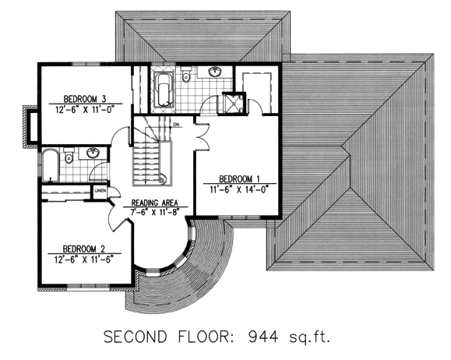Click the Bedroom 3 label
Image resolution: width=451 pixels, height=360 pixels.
[x=85, y=99]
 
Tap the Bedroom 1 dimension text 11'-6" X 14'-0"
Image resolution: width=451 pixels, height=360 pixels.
[x=239, y=190]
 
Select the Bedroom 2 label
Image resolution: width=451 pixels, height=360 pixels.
[x=83, y=249]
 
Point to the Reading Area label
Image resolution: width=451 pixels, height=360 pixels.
[x=154, y=203]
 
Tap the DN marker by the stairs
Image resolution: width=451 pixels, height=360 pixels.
[x=176, y=125]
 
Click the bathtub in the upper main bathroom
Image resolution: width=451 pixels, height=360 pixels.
[x=164, y=89]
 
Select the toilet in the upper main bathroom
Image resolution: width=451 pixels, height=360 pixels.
[x=187, y=74]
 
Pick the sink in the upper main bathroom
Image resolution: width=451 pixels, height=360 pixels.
[x=215, y=72]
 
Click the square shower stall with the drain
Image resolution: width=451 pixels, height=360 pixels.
[x=234, y=103]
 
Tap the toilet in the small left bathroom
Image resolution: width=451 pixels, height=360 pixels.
[x=69, y=155]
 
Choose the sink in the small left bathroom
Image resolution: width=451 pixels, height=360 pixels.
[x=92, y=153]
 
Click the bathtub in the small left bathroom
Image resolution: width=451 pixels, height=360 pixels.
[x=51, y=165]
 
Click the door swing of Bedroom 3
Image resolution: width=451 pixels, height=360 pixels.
[x=120, y=136]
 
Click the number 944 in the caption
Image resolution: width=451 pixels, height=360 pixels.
[x=263, y=337]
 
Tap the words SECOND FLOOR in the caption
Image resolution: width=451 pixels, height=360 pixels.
[x=168, y=337]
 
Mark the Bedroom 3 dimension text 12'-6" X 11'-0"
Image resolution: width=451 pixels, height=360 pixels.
[x=85, y=110]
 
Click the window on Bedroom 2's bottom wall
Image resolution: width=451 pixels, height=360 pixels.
[x=88, y=286]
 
